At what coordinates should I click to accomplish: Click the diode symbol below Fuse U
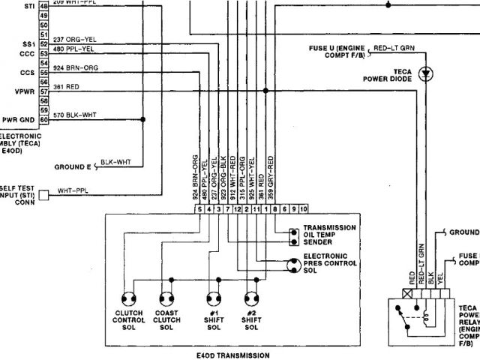(x=427, y=73)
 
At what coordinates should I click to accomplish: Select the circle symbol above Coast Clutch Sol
(x=166, y=295)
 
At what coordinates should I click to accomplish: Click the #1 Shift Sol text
(x=214, y=318)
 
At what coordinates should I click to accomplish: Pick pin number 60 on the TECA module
(x=44, y=119)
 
